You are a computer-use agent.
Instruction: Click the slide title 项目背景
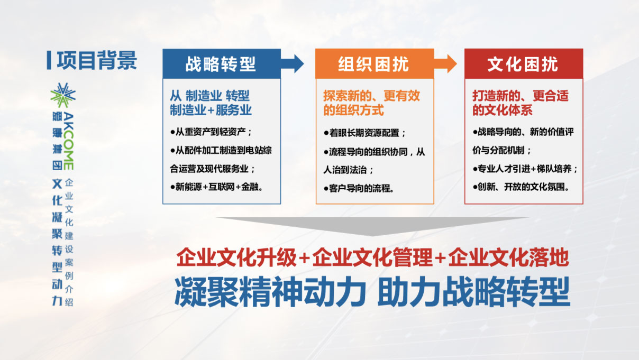click(97, 60)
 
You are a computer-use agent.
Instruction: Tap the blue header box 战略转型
click(222, 63)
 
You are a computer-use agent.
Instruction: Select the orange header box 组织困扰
click(375, 63)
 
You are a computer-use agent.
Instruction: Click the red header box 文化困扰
click(524, 63)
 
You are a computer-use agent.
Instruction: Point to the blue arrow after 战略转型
click(293, 63)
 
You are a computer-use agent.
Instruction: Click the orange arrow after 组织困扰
click(445, 63)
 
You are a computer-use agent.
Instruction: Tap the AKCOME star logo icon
click(63, 95)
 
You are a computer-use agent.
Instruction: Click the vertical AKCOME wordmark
click(69, 141)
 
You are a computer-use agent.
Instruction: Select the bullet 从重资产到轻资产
click(211, 132)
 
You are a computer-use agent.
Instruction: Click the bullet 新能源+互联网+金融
click(216, 187)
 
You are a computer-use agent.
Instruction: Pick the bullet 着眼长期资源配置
click(364, 133)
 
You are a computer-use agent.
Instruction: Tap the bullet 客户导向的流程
click(359, 188)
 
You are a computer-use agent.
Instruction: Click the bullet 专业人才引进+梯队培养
click(525, 169)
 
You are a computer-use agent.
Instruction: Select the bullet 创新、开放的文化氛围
click(521, 187)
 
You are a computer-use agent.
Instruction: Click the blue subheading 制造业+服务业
click(211, 110)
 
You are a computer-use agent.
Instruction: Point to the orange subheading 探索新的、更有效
click(371, 96)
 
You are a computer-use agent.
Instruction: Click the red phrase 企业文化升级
click(237, 257)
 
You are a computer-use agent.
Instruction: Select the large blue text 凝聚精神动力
click(270, 292)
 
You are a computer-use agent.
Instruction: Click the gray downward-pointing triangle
click(372, 225)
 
